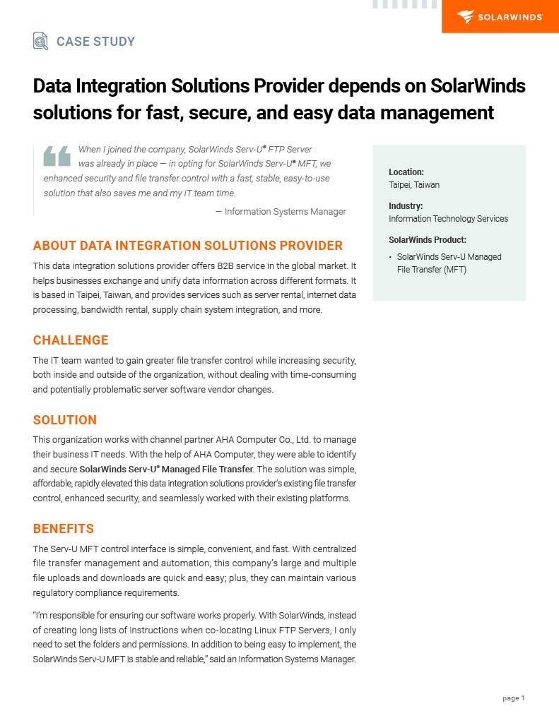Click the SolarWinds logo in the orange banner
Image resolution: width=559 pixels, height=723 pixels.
[x=499, y=17]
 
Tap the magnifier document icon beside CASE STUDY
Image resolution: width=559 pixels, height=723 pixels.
[x=40, y=41]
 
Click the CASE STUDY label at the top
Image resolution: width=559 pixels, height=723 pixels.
[x=95, y=42]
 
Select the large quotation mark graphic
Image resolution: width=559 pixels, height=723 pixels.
[x=57, y=155]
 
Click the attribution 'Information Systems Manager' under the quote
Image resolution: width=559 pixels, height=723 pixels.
[x=285, y=211]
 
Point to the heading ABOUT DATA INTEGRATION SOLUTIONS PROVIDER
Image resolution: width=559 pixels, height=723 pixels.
[x=187, y=246]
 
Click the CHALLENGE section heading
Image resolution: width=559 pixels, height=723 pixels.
[x=71, y=340]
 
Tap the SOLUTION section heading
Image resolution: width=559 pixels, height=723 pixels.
[x=65, y=420]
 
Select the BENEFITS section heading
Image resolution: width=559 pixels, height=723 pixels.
[x=64, y=529]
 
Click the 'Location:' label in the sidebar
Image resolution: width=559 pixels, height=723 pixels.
[x=406, y=172]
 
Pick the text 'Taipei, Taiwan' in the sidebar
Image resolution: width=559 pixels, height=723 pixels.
[x=414, y=185]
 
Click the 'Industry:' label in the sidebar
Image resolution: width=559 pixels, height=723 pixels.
[x=406, y=205]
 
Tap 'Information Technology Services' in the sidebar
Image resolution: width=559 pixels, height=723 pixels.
[x=448, y=219]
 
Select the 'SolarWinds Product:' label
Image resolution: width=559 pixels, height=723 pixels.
[x=428, y=239]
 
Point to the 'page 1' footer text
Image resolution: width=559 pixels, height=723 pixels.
[x=514, y=698]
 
